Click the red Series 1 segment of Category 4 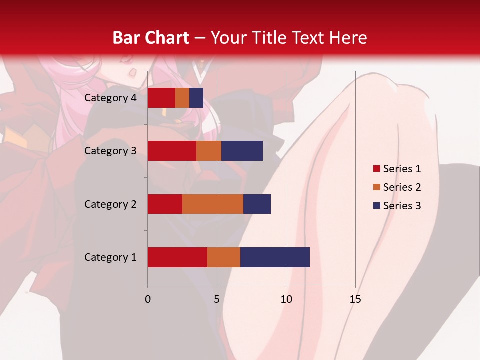[x=161, y=98]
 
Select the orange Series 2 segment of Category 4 [x=182, y=98]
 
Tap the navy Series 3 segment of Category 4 [x=196, y=98]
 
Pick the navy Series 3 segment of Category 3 [x=242, y=151]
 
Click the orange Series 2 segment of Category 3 [x=209, y=151]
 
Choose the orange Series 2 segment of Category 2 [x=213, y=204]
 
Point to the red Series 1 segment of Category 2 [x=165, y=204]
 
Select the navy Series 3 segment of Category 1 [x=275, y=257]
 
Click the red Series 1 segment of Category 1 [x=177, y=257]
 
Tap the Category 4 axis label [x=110, y=98]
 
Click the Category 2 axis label [x=110, y=204]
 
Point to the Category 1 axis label [x=110, y=257]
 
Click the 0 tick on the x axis [x=148, y=299]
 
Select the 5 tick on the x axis [x=217, y=299]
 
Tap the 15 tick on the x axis [x=355, y=299]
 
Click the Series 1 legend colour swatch [x=376, y=169]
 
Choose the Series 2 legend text [x=402, y=187]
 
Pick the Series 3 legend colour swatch [x=376, y=206]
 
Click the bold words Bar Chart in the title [x=151, y=37]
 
